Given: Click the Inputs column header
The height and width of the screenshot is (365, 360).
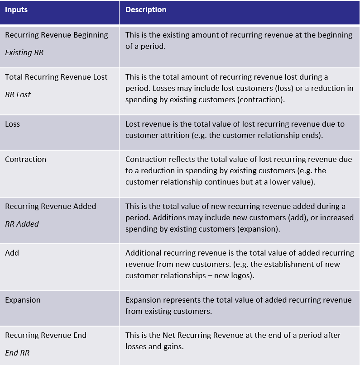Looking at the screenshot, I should point(16,9).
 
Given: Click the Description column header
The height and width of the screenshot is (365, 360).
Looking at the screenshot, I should point(146,9).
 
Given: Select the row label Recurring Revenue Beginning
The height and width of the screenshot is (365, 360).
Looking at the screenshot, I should point(57,35).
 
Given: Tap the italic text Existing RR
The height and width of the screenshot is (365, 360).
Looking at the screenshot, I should point(24,52).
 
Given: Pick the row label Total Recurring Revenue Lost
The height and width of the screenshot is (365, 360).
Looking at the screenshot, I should point(56,77).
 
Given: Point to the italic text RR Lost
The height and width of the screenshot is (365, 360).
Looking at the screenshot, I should point(18,95).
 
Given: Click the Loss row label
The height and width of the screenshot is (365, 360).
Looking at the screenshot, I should point(13,124).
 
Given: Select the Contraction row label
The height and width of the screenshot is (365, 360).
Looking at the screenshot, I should point(26,159).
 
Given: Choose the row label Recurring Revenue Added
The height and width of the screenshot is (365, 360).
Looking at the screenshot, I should point(51,206).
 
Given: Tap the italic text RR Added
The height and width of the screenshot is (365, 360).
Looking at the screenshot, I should point(22,224).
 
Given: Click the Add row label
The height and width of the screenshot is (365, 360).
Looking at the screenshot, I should point(12,253).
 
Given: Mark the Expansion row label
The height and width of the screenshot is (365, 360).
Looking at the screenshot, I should point(23,300).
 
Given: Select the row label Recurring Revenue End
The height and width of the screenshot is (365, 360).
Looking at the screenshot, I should point(46,335).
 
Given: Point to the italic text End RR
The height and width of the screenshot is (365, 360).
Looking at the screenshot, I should point(17,353).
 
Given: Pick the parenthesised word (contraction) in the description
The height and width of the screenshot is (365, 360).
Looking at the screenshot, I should point(261,100).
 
